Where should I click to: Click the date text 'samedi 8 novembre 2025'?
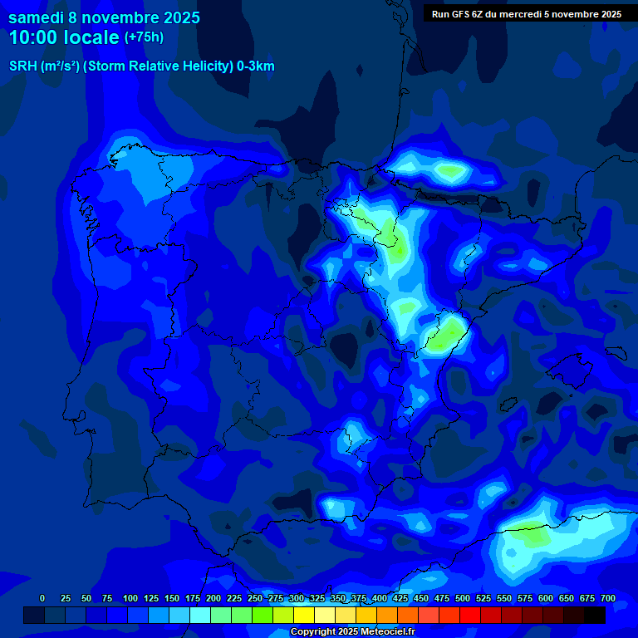104,17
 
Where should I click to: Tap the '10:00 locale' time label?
65,37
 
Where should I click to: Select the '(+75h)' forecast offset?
144,37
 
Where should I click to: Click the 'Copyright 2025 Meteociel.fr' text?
352,632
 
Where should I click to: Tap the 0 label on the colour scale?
42,598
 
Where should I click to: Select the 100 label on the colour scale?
130,598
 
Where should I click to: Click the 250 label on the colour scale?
254,598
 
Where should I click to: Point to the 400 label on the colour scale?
379,598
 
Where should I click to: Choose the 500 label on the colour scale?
462,598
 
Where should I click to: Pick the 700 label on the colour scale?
608,598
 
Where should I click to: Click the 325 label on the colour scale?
317,598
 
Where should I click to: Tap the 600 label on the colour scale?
545,598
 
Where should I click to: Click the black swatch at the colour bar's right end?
595,615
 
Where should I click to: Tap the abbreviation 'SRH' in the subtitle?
22,66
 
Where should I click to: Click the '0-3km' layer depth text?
254,66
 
